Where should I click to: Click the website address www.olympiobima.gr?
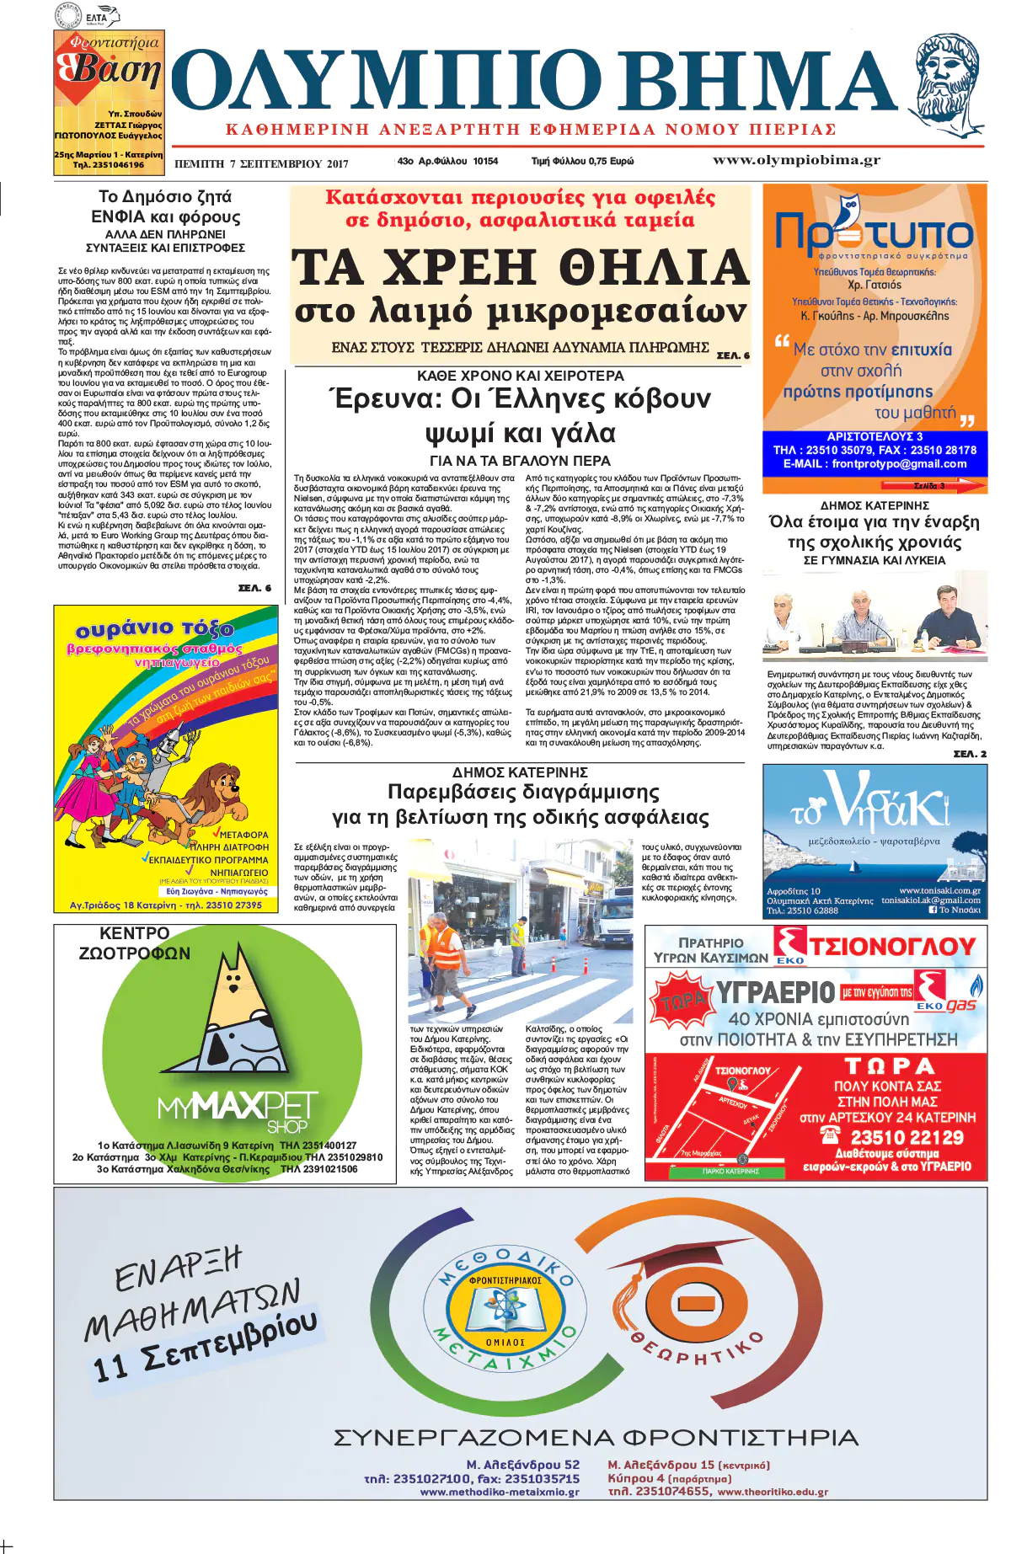click(796, 160)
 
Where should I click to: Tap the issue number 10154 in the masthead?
click(484, 161)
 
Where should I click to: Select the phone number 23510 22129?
click(907, 1138)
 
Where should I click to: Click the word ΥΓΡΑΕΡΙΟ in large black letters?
click(775, 993)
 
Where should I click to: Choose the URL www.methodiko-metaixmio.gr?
click(500, 1492)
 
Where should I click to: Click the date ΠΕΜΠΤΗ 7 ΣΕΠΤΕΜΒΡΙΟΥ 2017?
click(261, 164)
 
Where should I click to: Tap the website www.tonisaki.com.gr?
click(939, 890)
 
